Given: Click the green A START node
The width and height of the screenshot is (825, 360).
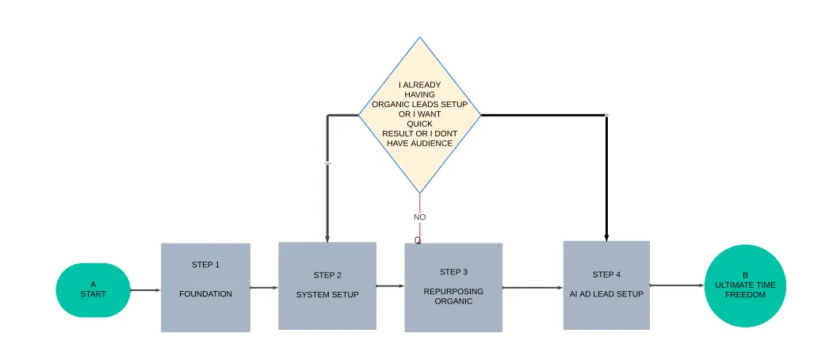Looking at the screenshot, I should (93, 289).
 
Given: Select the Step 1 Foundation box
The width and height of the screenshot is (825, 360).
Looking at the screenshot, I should (205, 287).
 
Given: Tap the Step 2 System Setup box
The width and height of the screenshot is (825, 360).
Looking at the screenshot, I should (327, 285).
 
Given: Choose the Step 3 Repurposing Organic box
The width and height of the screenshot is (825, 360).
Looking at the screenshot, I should (453, 287).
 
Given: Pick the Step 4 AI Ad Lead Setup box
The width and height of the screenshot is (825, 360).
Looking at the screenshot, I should (606, 285).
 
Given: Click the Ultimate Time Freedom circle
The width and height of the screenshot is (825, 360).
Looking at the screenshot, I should (745, 285).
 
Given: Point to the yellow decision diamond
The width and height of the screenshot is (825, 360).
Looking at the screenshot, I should (419, 115).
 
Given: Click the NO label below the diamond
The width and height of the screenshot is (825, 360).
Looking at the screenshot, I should (420, 216).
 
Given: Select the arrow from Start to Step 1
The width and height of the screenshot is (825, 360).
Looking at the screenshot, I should (145, 290).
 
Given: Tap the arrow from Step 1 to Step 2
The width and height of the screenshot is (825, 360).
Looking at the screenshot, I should (264, 288).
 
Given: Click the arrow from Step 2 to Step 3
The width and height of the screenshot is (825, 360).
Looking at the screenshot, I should (390, 286).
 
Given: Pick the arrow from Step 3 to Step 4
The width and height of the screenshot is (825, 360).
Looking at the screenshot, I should (533, 288).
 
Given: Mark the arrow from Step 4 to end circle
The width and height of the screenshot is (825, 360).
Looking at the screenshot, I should (677, 285).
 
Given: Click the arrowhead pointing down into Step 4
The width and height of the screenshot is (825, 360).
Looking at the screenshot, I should (606, 236).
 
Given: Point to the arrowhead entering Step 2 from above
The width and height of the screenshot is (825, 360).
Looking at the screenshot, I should (327, 237).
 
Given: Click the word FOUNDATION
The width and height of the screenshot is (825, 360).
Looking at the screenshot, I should (205, 294).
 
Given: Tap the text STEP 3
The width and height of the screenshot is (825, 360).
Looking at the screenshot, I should (453, 272).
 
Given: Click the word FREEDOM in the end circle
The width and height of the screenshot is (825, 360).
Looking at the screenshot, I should (745, 294).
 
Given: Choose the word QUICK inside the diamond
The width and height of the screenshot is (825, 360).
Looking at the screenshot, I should (419, 124).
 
